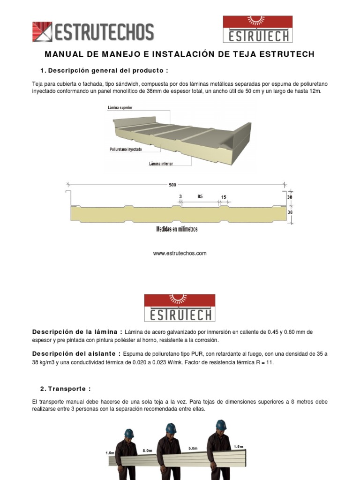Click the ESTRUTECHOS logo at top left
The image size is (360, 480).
click(93, 32)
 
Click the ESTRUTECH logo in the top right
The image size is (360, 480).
click(257, 29)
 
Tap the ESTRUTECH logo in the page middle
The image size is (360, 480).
click(180, 307)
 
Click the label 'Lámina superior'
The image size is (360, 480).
click(120, 108)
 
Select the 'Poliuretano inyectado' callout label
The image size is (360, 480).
click(126, 150)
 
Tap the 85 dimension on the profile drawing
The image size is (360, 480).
click(200, 197)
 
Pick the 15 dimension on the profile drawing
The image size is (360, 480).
click(224, 197)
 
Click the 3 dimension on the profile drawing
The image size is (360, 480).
click(180, 197)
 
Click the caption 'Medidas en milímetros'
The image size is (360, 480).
click(177, 229)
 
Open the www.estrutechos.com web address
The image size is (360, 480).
click(180, 254)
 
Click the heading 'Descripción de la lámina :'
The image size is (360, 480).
click(77, 332)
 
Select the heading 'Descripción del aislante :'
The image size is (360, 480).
click(76, 353)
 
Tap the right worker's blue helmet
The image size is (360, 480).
click(221, 425)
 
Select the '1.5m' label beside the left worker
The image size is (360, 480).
click(110, 453)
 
